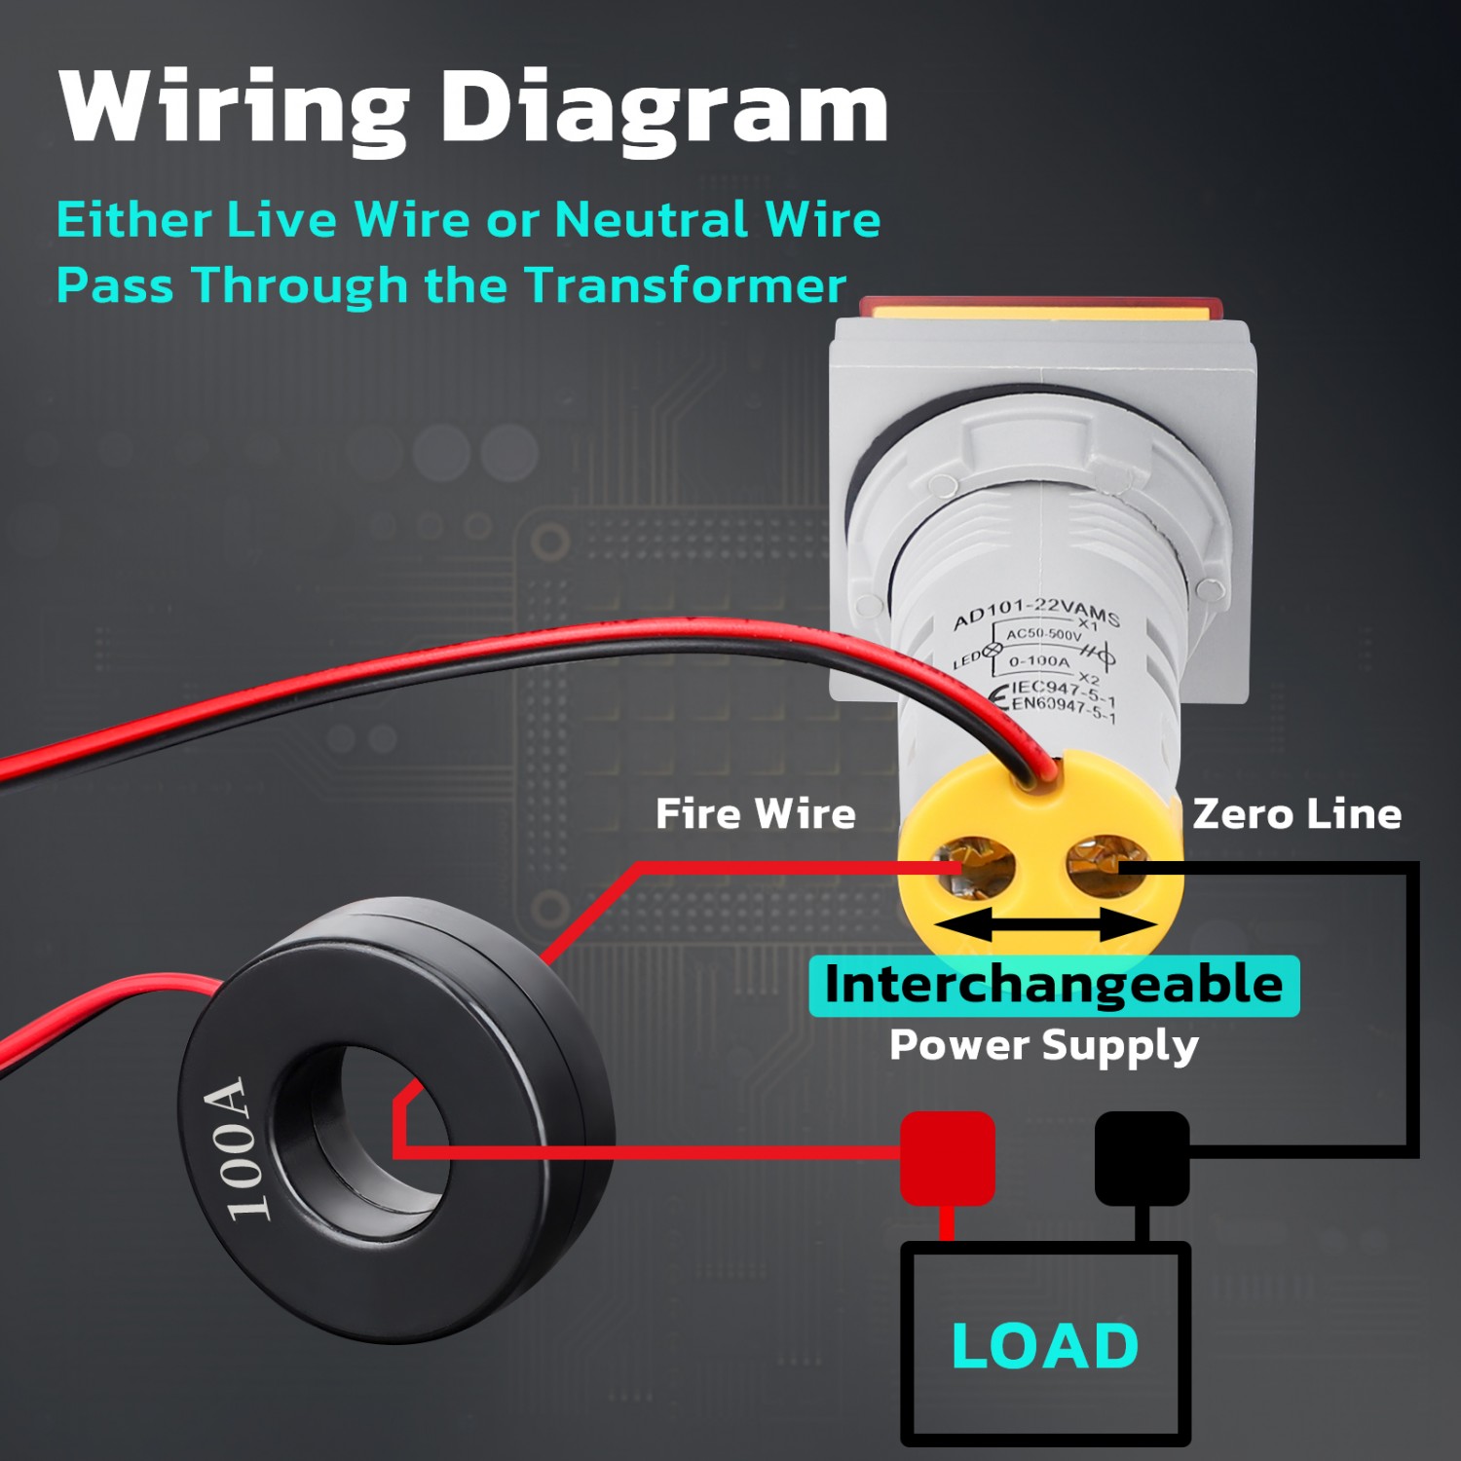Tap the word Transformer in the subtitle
point(686,285)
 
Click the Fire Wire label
point(755,813)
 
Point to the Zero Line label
point(1296,813)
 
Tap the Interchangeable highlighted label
point(1054,985)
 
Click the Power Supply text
point(1043,1045)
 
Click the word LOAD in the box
point(1045,1346)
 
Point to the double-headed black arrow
point(1045,926)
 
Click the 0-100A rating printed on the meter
point(1039,661)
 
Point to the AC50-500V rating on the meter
point(1043,635)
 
